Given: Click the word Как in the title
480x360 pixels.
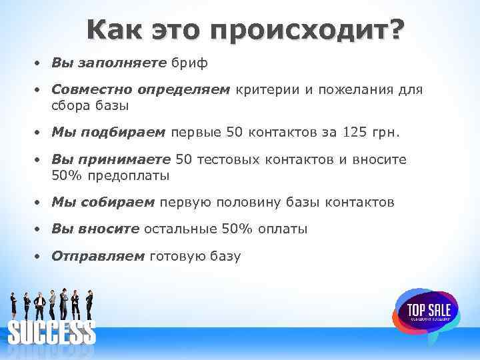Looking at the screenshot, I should point(115,31).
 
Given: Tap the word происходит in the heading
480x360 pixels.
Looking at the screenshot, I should point(301,31).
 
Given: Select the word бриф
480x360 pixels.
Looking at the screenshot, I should point(190,63).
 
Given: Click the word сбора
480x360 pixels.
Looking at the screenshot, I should point(71,105).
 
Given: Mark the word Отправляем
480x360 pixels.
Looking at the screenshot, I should point(98,256).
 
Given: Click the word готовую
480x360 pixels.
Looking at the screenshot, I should point(178,256).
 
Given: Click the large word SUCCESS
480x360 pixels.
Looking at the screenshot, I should point(51,333).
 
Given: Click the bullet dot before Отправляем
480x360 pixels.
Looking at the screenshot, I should point(39,256).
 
